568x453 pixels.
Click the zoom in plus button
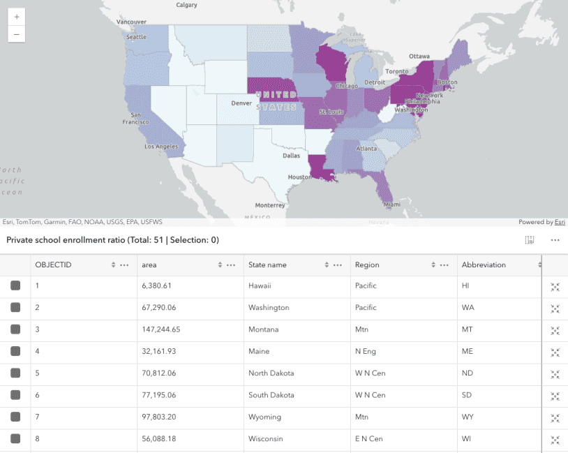[16, 16]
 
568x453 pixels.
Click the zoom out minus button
[16, 34]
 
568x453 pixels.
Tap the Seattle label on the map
[136, 37]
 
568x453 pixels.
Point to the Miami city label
[391, 205]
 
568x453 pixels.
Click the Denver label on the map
[241, 103]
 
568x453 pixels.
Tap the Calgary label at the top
[186, 5]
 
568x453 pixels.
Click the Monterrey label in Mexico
[270, 205]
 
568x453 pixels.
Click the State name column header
[267, 265]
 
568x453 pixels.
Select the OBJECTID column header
[54, 265]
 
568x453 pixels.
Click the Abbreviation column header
[484, 265]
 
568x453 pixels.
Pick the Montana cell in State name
[263, 329]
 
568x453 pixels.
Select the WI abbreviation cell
[467, 439]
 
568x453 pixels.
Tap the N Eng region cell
[366, 351]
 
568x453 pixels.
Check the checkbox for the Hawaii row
[15, 285]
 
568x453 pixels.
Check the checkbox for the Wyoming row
[15, 417]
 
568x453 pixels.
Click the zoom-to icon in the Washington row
[555, 308]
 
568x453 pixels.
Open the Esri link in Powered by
[560, 222]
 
